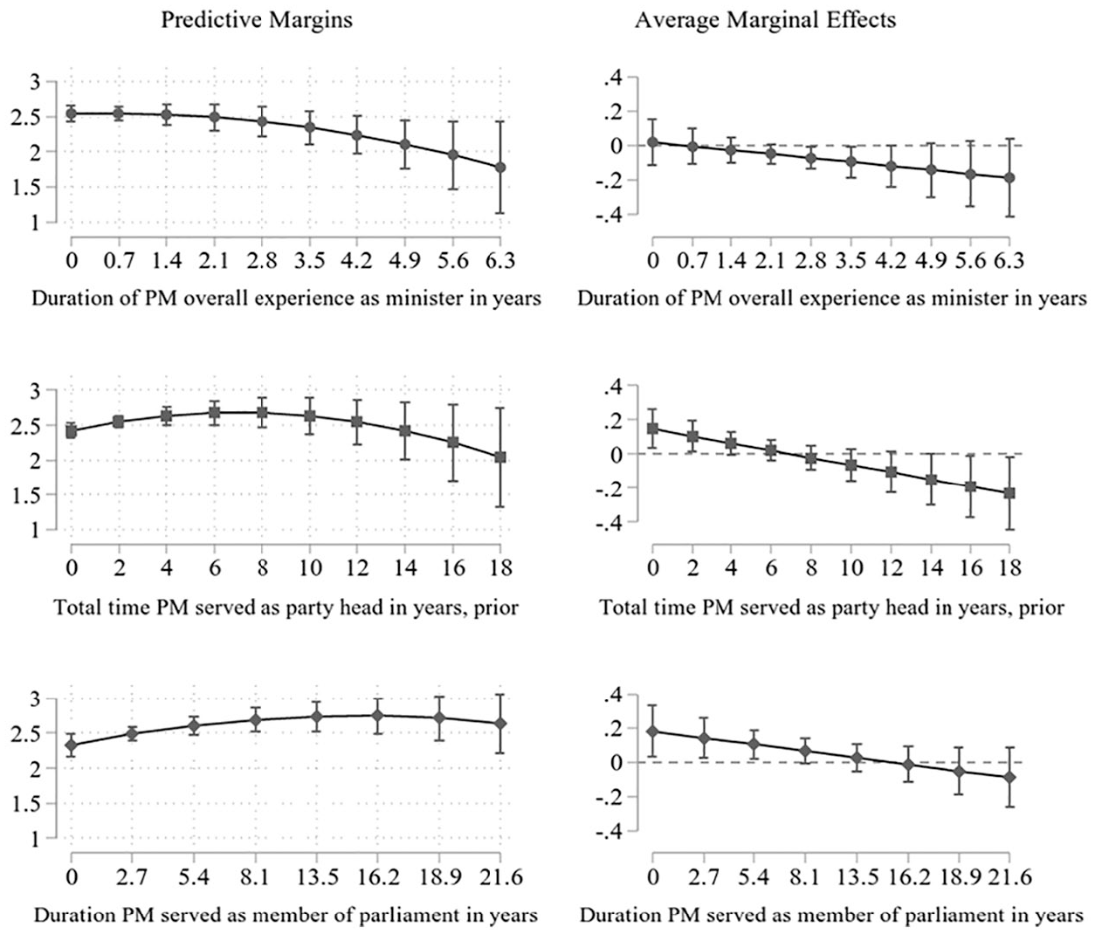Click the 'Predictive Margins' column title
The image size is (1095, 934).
coord(257,20)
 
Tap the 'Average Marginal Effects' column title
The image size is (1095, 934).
coord(766,20)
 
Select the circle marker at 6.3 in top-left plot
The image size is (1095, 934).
coord(500,168)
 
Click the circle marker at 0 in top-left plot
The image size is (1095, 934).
coord(72,113)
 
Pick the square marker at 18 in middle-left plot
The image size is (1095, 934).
coord(500,457)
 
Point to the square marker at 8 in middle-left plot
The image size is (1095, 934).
coord(262,413)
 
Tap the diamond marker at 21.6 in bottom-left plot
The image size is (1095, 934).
coord(500,724)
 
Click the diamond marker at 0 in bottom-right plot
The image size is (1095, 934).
coord(653,731)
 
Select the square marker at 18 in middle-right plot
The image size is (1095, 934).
coord(1009,493)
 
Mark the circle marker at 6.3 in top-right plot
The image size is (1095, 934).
coord(1009,177)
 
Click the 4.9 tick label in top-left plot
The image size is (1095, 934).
coord(405,260)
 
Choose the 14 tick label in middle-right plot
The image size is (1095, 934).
coord(932,568)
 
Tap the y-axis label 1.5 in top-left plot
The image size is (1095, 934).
coord(28,187)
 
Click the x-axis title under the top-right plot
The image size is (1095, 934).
coord(832,299)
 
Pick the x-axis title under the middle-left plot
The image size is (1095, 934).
coord(286,608)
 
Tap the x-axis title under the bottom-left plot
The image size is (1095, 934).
coord(286,915)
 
